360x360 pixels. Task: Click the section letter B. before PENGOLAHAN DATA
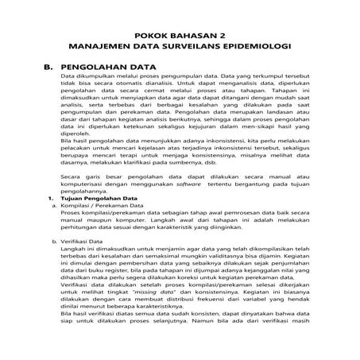pyautogui.click(x=47, y=70)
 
